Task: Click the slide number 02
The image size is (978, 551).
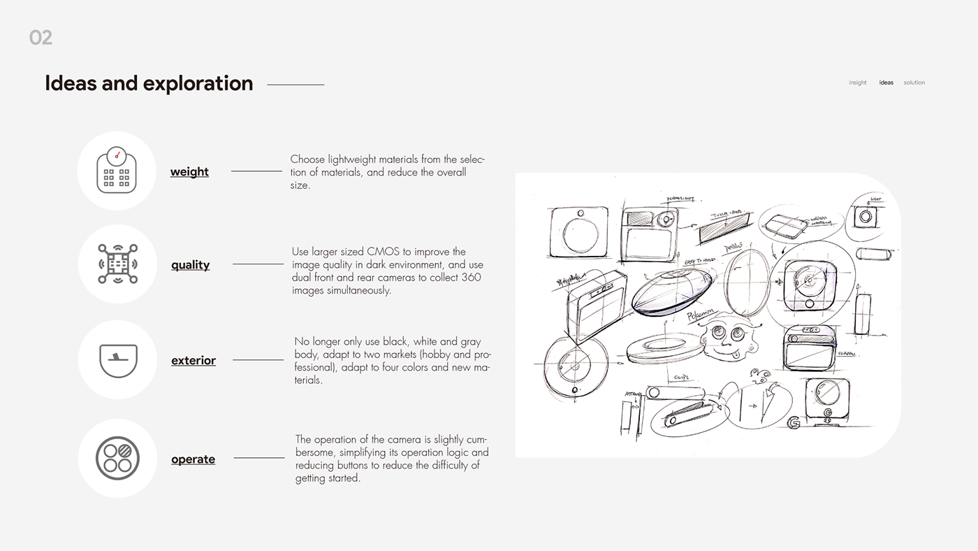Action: coord(41,38)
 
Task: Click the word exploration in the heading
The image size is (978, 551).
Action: coord(201,83)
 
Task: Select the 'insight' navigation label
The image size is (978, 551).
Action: coord(857,83)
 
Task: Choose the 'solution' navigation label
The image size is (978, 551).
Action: coord(914,83)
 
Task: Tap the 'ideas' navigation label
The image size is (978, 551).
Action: coord(886,83)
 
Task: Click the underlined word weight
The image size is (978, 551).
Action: coord(189,172)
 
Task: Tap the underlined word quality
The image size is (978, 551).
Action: coord(190,265)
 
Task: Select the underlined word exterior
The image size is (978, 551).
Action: coord(193,361)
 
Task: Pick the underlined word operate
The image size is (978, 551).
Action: coord(193,459)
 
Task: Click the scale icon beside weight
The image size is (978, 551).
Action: coord(116,171)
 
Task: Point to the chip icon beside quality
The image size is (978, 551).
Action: coord(117,264)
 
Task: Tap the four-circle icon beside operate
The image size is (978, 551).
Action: coord(117,458)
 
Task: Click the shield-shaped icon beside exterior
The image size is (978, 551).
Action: coord(117,359)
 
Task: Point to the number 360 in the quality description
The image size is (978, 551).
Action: coord(471,278)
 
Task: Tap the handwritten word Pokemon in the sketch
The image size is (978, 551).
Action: coord(701,317)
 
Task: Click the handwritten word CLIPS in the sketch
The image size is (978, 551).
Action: coord(681,378)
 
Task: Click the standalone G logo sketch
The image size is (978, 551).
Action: coord(792,423)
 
